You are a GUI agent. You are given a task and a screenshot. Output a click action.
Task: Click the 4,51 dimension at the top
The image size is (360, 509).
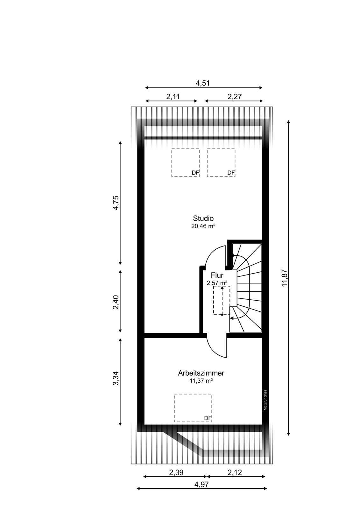pyautogui.click(x=202, y=83)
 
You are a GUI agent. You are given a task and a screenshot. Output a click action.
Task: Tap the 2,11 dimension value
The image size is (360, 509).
pyautogui.click(x=173, y=97)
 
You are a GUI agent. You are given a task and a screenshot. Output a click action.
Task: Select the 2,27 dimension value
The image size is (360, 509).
pyautogui.click(x=235, y=97)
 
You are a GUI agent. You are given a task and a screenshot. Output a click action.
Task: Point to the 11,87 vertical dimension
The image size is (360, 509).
pyautogui.click(x=285, y=278)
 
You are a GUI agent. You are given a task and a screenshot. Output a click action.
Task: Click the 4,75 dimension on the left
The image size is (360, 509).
pyautogui.click(x=116, y=203)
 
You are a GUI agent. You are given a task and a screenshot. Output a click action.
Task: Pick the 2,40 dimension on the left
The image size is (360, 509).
pyautogui.click(x=116, y=302)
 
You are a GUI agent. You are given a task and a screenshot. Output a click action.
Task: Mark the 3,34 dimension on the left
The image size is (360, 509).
pyautogui.click(x=116, y=378)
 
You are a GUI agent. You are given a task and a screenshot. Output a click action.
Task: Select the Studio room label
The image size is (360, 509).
pyautogui.click(x=203, y=218)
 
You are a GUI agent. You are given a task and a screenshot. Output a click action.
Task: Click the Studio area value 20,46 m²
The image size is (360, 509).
pyautogui.click(x=203, y=226)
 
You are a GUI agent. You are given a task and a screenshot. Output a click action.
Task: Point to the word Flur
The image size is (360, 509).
pyautogui.click(x=217, y=275)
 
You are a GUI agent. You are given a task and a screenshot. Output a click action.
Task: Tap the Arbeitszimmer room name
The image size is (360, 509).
pyautogui.click(x=201, y=373)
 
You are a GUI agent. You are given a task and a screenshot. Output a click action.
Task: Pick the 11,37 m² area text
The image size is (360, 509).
pyautogui.click(x=201, y=381)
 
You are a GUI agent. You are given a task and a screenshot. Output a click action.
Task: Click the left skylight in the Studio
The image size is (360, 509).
pyautogui.click(x=185, y=163)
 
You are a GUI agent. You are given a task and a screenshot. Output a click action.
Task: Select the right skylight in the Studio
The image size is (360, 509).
pyautogui.click(x=221, y=163)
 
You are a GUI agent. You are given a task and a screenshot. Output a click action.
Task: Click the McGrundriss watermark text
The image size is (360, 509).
pyautogui.click(x=265, y=400)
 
